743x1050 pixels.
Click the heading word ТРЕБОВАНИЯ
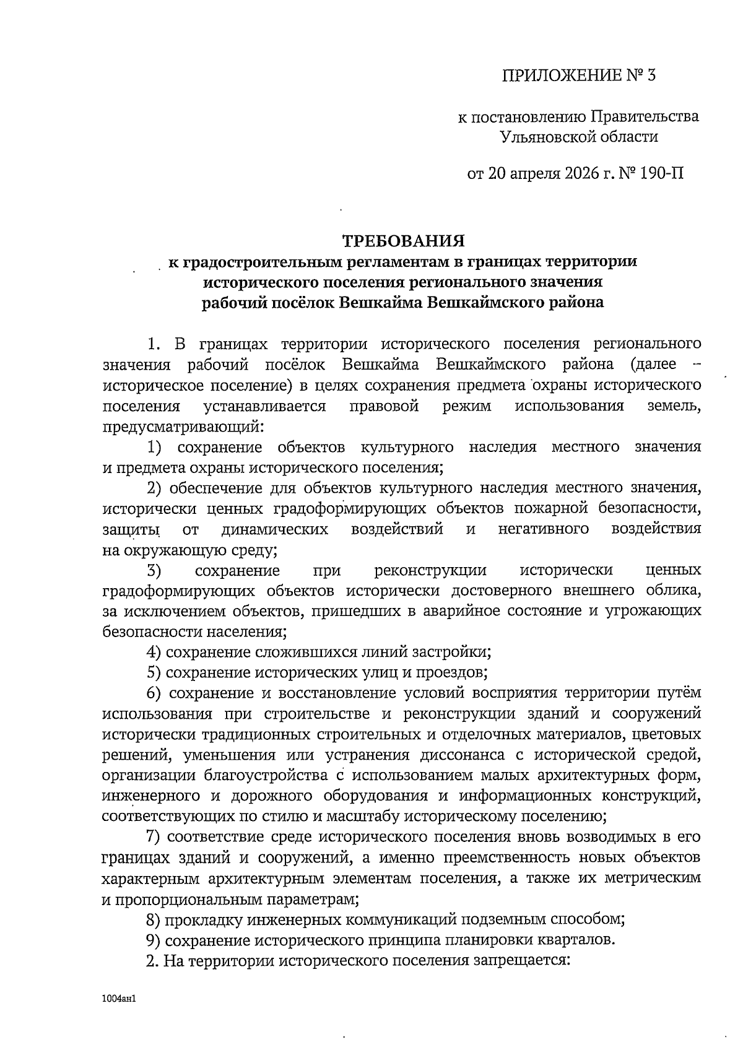403,240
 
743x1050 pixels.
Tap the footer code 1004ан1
119,999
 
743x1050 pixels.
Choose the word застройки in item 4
456,652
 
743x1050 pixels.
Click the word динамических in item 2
274,529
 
